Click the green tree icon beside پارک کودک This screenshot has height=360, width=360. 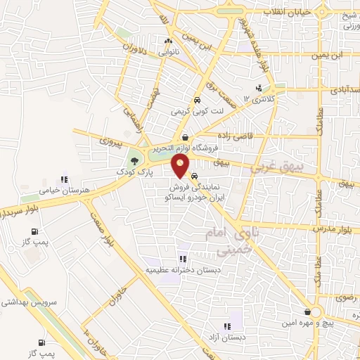click(x=134, y=160)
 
